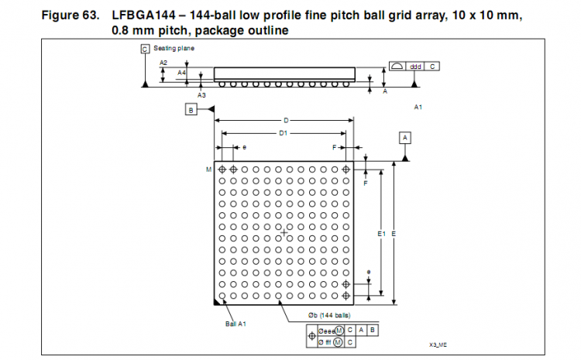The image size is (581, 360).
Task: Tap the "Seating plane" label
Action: pyautogui.click(x=174, y=48)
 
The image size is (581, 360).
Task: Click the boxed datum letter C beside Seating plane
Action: pyautogui.click(x=144, y=48)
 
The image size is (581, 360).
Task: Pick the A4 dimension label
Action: pyautogui.click(x=181, y=72)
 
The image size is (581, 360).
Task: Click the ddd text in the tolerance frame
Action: pyautogui.click(x=415, y=67)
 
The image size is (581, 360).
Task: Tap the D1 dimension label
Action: pyautogui.click(x=284, y=133)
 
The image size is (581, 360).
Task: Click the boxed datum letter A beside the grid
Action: pyautogui.click(x=404, y=137)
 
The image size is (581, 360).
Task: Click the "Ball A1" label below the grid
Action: pyautogui.click(x=235, y=324)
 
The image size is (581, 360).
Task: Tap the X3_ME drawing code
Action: pyautogui.click(x=439, y=345)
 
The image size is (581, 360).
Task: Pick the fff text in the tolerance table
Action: pyautogui.click(x=326, y=342)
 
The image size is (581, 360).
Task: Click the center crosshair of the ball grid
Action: pyautogui.click(x=284, y=232)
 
